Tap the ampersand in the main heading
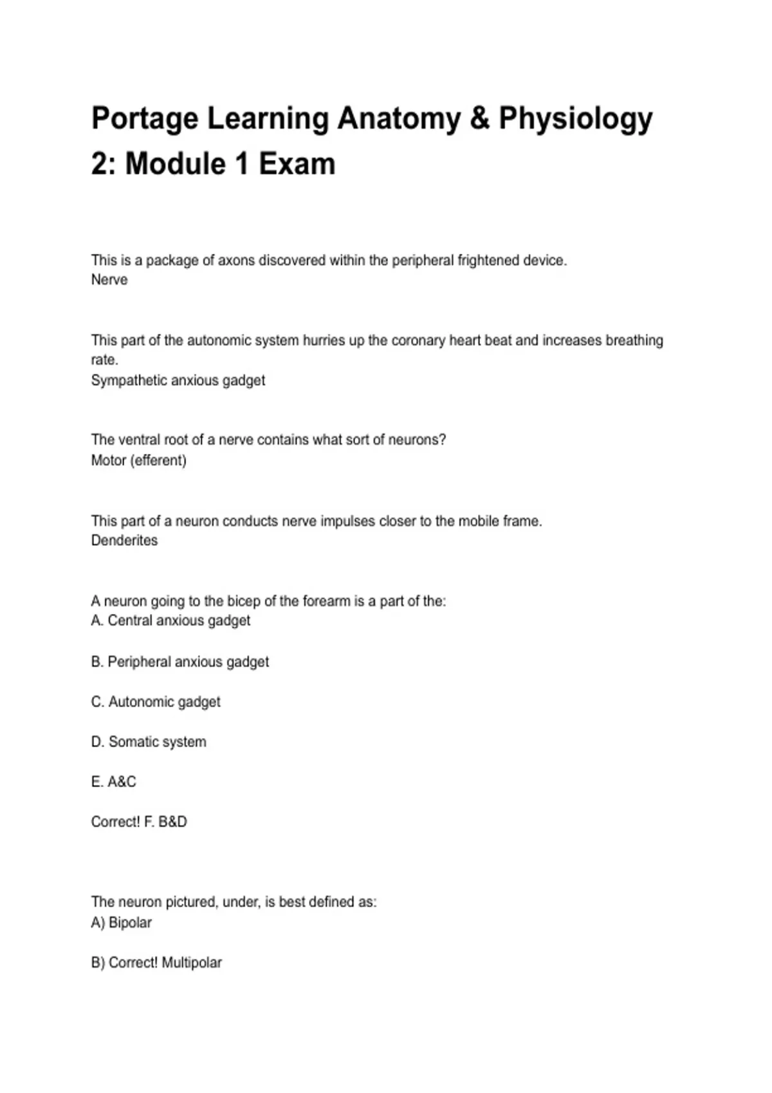pyautogui.click(x=479, y=119)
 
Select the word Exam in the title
pyautogui.click(x=297, y=164)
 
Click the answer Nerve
pyautogui.click(x=109, y=280)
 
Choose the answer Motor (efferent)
pyautogui.click(x=138, y=460)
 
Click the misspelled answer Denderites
pyautogui.click(x=124, y=540)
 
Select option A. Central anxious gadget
pyautogui.click(x=170, y=620)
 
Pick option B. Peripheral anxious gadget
pyautogui.click(x=180, y=662)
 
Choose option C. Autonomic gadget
pyautogui.click(x=156, y=701)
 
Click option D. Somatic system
pyautogui.click(x=149, y=741)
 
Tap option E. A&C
pyautogui.click(x=114, y=782)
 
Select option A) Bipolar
pyautogui.click(x=122, y=923)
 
